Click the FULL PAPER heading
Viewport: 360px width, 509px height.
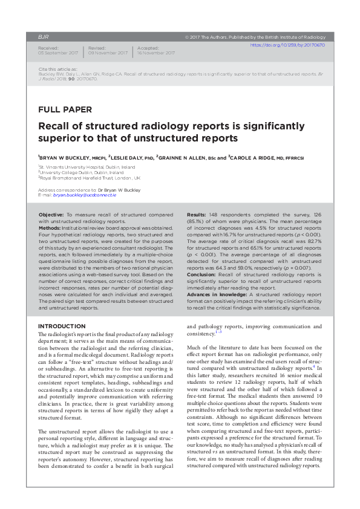[x=65, y=109]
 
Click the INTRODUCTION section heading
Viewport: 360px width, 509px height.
[x=62, y=326]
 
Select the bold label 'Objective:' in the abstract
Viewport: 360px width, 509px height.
[x=51, y=215]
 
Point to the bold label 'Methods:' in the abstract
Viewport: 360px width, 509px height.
[x=50, y=227]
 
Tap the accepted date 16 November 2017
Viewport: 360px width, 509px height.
[x=157, y=53]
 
